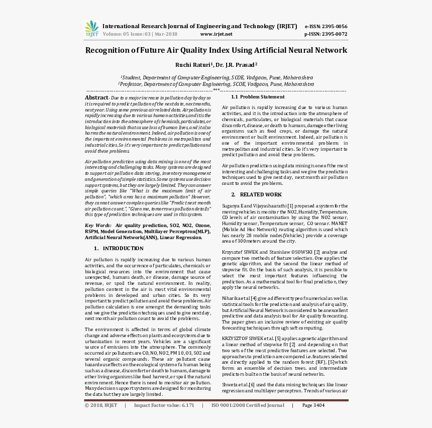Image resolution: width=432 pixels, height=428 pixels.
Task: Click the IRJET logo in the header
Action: tap(92, 29)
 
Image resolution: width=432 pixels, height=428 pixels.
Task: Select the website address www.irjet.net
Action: tap(216, 34)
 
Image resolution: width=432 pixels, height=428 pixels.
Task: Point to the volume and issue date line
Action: tap(140, 34)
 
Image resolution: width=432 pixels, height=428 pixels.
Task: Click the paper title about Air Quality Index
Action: tap(216, 50)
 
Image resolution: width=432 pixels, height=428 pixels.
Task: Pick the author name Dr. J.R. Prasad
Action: tap(236, 65)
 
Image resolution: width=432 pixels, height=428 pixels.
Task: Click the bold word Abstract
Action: tap(96, 97)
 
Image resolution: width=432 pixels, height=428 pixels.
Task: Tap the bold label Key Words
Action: tap(98, 226)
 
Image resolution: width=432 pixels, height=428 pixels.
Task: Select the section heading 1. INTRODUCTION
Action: tap(119, 248)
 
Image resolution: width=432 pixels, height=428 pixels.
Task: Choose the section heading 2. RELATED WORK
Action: tap(257, 194)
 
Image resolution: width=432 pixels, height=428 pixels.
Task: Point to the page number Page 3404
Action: tap(313, 405)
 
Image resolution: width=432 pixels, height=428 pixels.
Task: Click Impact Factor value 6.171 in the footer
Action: tap(164, 405)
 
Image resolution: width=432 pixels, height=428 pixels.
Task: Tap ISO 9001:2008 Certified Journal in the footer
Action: tap(248, 405)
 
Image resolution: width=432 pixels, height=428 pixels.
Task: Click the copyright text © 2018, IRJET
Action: tap(101, 405)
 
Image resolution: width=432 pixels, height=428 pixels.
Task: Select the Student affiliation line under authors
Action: tap(217, 78)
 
